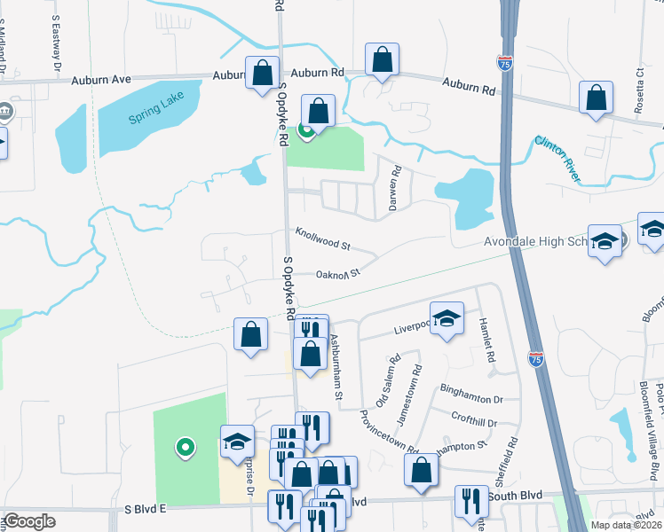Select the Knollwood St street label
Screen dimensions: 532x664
[323, 237]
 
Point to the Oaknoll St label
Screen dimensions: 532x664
[337, 274]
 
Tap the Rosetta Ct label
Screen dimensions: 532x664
[639, 85]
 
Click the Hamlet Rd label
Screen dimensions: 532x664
[486, 339]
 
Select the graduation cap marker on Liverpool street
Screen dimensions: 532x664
[447, 317]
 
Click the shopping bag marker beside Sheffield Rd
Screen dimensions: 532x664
[423, 470]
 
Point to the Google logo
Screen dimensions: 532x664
[29, 521]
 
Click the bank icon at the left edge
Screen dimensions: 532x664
[5, 112]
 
